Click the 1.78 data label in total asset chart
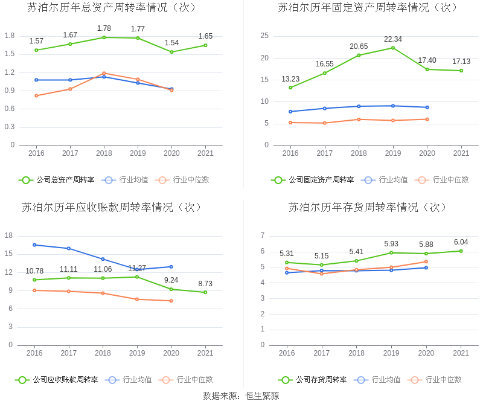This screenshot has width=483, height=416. pos(104,28)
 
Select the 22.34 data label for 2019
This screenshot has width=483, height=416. pos(393,39)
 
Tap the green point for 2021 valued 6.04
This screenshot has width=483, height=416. pos(461,251)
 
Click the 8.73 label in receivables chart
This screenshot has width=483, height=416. pos(205,283)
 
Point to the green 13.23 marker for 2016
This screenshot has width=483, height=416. pos(290,88)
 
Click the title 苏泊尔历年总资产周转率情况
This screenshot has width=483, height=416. pos(112,8)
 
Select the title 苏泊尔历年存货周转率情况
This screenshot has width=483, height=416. pos(368,207)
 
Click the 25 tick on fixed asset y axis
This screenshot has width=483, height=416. pos(264,36)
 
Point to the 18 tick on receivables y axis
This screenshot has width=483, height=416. pos(9,235)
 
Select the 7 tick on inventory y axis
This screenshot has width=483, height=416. pos(262,235)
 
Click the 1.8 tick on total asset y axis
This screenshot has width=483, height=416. pos(9,36)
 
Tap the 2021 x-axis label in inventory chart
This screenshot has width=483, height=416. pos(461,353)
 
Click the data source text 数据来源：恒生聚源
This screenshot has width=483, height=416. pos(241,396)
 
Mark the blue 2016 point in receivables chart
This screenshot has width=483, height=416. pos(34,245)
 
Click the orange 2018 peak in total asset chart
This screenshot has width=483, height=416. pos(104,73)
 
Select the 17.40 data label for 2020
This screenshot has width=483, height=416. pos(427,60)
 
